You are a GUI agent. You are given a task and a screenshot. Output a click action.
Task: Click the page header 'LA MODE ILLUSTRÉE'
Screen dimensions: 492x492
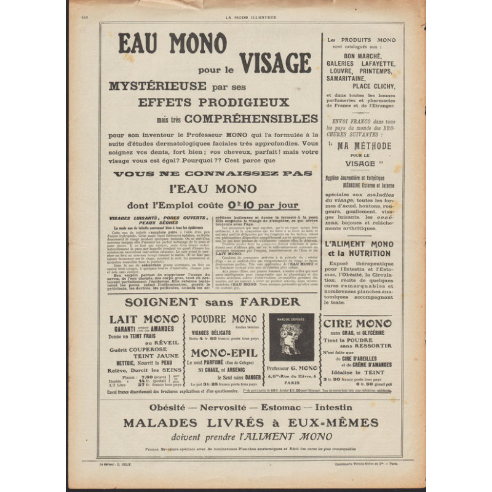pos(251,18)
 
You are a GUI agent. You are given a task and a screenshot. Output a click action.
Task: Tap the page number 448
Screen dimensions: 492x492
pos(85,18)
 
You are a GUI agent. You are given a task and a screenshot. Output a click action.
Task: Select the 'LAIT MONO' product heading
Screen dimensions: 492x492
pos(145,319)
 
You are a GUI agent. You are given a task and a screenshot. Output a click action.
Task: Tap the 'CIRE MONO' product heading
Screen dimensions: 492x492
pos(358,323)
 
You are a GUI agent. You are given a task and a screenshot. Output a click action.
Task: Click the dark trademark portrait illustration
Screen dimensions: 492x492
pos(292,337)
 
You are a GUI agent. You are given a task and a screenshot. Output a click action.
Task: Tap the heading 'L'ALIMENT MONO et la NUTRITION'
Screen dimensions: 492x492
pos(361,248)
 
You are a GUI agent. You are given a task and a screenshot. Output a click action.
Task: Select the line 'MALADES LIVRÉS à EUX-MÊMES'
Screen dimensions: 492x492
pos(251,423)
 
